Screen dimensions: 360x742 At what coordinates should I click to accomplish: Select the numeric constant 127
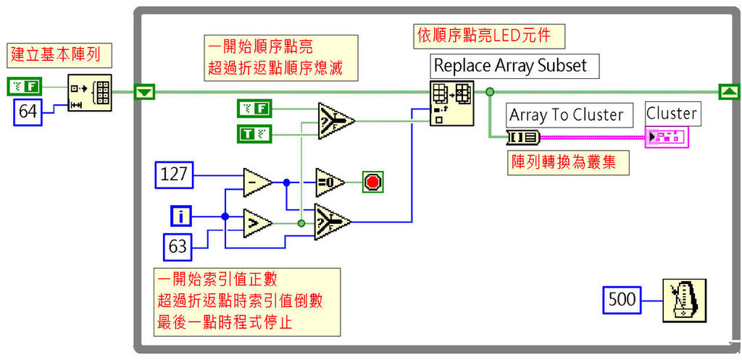(x=174, y=175)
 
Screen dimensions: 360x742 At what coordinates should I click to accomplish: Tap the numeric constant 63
(x=178, y=246)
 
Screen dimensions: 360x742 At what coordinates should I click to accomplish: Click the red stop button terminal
(x=372, y=182)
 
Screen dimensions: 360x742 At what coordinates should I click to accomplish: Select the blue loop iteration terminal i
(x=181, y=216)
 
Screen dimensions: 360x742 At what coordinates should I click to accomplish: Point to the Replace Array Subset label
(x=510, y=65)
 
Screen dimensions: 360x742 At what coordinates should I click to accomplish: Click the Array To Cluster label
(x=567, y=114)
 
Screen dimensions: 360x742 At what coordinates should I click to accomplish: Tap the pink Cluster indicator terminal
(x=665, y=137)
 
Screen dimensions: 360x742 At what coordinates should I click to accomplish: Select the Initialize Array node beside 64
(x=91, y=92)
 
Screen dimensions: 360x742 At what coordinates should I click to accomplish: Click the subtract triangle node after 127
(x=257, y=182)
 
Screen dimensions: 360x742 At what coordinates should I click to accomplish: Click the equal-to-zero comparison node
(x=330, y=182)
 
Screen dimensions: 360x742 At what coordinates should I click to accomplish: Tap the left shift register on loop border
(x=146, y=92)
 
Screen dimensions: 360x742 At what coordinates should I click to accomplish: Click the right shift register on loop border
(x=728, y=91)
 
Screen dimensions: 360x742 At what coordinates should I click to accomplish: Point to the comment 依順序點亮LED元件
(x=488, y=35)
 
